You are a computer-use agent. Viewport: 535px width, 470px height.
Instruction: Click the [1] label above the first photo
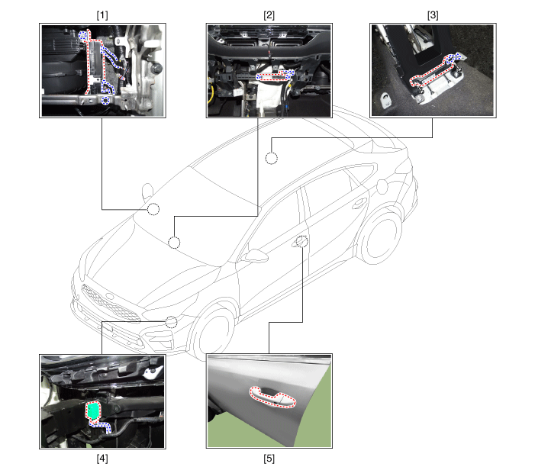[102, 15]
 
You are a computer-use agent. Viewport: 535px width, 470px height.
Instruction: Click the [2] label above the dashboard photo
[269, 15]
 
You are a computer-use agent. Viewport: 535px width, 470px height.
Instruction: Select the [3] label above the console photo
[433, 15]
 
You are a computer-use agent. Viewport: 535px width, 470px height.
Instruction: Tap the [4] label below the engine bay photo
[102, 459]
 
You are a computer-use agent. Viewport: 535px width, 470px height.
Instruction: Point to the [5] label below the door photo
[269, 459]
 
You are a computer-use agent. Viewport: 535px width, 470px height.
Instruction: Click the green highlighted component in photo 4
[92, 410]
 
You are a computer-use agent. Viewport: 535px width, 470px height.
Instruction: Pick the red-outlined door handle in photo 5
[272, 398]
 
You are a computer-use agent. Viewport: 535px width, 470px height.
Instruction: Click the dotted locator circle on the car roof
[272, 158]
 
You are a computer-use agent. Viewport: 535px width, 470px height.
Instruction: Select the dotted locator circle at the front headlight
[171, 322]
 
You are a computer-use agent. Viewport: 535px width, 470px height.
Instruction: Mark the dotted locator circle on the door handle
[302, 241]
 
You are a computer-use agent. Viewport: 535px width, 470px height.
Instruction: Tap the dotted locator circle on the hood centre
[174, 243]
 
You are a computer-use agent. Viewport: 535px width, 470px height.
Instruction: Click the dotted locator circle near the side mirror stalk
[153, 209]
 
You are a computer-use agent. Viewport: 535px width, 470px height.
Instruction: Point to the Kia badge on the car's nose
[110, 296]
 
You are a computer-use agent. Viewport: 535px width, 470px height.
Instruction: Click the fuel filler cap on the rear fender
[382, 186]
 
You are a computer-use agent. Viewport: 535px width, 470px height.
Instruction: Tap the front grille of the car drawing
[110, 303]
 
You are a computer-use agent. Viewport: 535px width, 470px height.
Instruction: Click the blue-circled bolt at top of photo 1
[82, 35]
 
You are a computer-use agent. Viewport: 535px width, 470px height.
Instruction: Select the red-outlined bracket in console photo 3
[434, 72]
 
